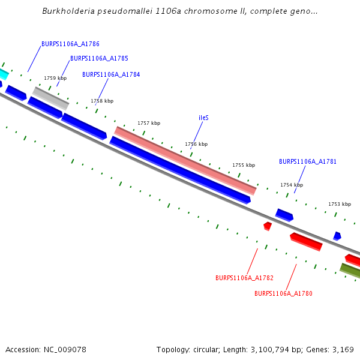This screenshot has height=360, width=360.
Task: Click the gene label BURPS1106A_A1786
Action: pos(70,44)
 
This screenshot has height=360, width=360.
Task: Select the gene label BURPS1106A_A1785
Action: pos(99,59)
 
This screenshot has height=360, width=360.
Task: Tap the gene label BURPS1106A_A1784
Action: pos(111,74)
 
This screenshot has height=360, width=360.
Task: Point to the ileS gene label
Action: pos(203,118)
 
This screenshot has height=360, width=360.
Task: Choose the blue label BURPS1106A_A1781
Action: pos(308,161)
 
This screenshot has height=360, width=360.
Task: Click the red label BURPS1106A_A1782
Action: pos(244,278)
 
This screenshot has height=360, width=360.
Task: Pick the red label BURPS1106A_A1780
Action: pos(283,293)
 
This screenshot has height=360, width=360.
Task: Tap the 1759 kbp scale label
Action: pos(55,78)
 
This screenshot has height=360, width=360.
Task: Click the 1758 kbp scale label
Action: pos(102,101)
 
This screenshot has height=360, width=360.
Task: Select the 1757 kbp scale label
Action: pos(149,123)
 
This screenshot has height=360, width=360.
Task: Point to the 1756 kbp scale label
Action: pos(196,144)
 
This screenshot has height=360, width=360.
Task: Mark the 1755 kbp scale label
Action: pos(244,165)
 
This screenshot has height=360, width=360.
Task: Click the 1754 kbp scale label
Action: pos(292,185)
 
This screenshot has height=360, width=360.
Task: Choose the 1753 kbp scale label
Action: pos(339,204)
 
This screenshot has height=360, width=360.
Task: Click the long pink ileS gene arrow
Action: pos(185,160)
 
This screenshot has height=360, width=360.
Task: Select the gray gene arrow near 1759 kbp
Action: pos(50,98)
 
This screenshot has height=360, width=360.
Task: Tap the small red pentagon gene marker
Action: pos(268,226)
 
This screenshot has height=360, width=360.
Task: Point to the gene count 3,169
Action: pos(343,349)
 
